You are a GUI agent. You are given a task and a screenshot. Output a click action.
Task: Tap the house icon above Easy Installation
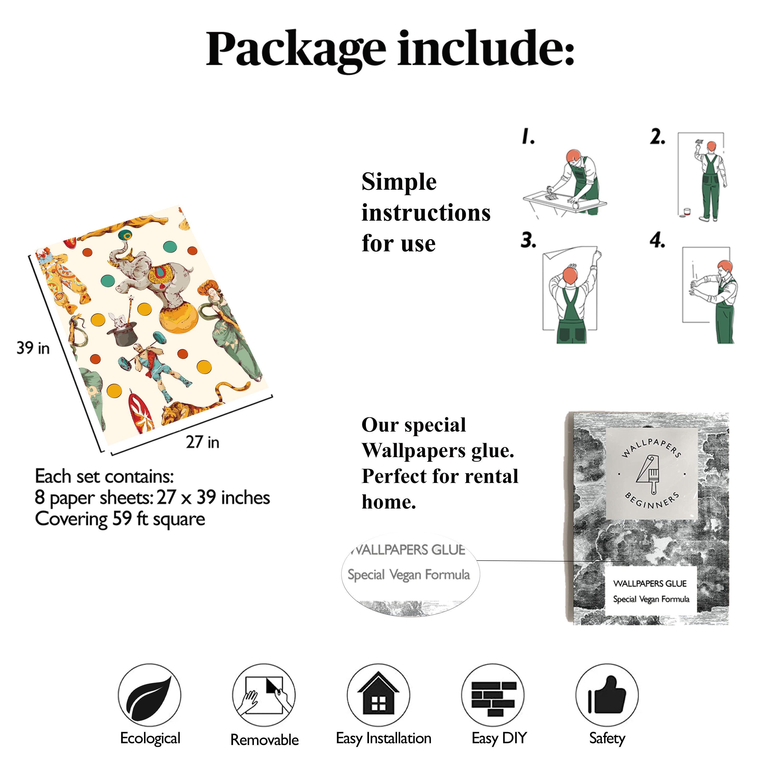click(x=378, y=694)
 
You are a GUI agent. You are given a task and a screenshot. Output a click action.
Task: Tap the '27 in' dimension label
click(x=202, y=442)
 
